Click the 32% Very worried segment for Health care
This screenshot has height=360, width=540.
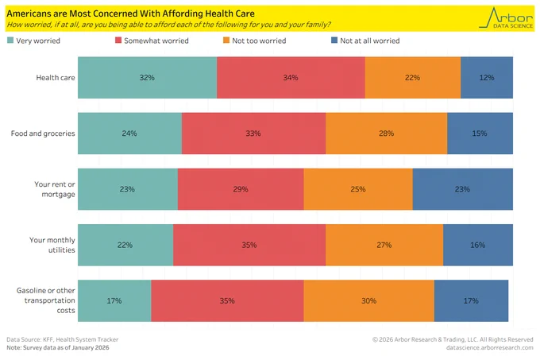click(x=148, y=78)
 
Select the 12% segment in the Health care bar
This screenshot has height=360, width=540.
click(x=487, y=78)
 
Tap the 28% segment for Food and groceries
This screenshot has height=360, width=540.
click(x=387, y=134)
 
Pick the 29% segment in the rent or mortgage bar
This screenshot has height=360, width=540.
click(x=241, y=189)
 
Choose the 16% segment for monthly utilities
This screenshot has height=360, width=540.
click(x=478, y=245)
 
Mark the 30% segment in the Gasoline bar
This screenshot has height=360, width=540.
click(x=368, y=300)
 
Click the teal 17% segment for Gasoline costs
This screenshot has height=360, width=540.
click(x=114, y=300)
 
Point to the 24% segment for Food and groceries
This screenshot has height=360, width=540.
click(x=129, y=134)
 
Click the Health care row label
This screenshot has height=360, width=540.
click(x=56, y=78)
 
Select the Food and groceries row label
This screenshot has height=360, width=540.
click(x=43, y=134)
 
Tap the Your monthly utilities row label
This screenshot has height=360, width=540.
click(x=52, y=245)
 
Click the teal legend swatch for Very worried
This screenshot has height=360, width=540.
click(x=10, y=41)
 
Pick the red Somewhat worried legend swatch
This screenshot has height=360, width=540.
click(x=118, y=41)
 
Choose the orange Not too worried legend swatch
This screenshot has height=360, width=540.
click(x=226, y=41)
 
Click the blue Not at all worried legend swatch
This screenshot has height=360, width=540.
click(x=334, y=41)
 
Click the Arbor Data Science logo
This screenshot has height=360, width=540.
click(x=506, y=18)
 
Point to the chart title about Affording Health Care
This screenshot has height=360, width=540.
click(x=130, y=14)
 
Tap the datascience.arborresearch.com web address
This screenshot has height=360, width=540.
click(x=489, y=347)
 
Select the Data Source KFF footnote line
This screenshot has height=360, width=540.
click(x=62, y=339)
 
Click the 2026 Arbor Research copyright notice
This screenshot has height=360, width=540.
click(x=453, y=339)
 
